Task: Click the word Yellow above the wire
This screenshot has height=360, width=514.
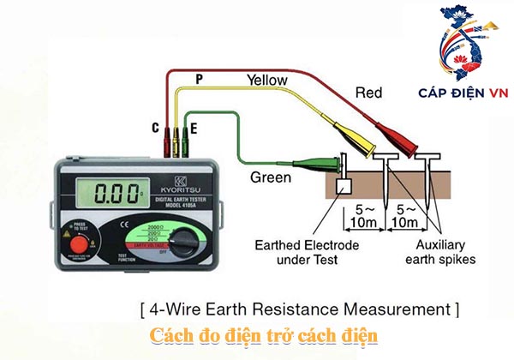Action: click(266, 80)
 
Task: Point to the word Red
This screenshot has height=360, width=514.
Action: click(368, 92)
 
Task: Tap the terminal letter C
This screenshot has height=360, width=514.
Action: click(155, 128)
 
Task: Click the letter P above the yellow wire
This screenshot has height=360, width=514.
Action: click(199, 79)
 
